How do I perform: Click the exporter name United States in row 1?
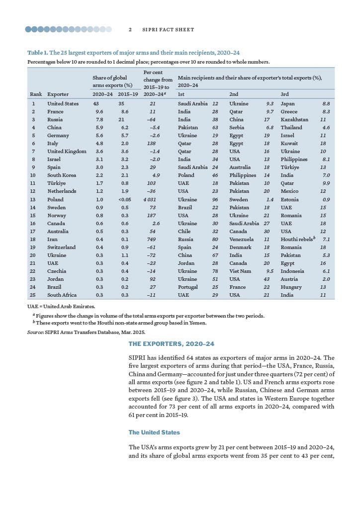click(63, 104)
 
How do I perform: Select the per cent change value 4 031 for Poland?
click(156, 199)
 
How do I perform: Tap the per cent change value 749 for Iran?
click(156, 239)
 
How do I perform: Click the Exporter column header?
click(58, 94)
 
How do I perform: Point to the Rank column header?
click(36, 94)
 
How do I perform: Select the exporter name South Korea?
click(62, 175)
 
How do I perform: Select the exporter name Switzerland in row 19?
click(61, 247)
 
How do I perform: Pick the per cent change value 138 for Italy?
click(156, 144)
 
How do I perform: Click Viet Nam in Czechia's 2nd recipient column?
click(240, 271)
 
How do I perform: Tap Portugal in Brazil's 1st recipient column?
click(187, 287)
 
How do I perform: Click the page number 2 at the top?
click(130, 30)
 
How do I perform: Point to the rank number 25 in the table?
click(33, 295)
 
